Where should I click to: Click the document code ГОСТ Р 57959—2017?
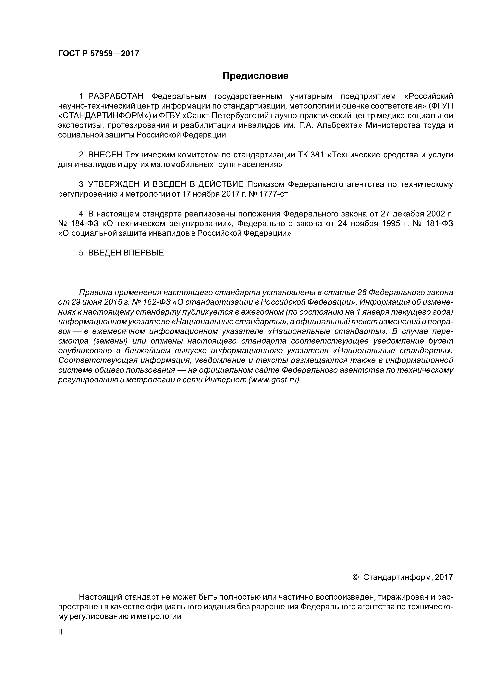[x=98, y=54]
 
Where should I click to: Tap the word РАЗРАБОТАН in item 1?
[x=116, y=96]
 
